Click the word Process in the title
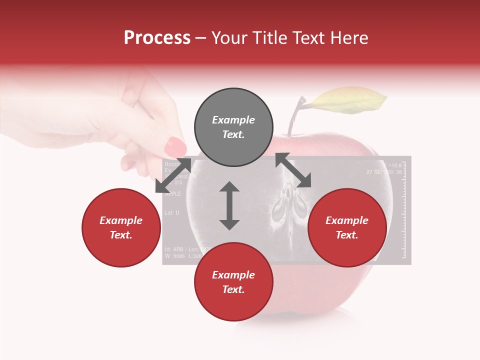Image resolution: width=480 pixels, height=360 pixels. pos(157,38)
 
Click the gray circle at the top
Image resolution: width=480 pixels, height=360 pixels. pos(233,127)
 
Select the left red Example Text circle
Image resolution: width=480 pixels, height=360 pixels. pos(121,227)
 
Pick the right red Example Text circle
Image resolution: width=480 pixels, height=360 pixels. pos(347,227)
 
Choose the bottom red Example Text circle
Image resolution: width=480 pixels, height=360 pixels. pos(233,282)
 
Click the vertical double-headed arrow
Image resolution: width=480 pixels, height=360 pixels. pos(229,205)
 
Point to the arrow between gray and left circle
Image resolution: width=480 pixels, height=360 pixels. pos(173,175)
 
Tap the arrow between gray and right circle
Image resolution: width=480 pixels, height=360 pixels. pos(293,170)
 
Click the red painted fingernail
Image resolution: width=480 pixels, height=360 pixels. pos(175,146)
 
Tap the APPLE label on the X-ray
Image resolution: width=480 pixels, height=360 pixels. pos(173,194)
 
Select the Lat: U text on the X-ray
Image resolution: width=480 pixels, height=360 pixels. pos(172,213)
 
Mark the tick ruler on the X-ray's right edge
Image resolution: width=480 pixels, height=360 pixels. pos(404,210)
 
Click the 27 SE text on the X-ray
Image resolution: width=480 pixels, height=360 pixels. pos(375,172)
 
